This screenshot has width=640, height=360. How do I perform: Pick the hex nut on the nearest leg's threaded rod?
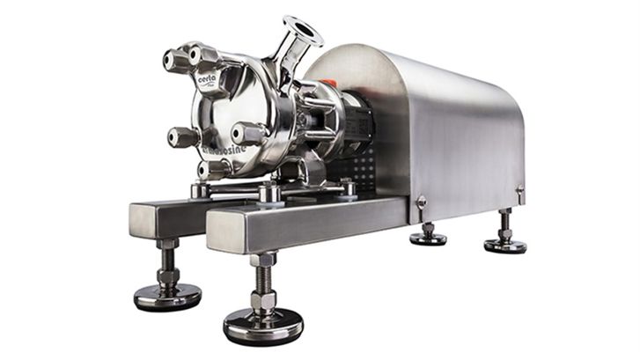262,301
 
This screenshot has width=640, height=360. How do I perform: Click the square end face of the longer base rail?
224,232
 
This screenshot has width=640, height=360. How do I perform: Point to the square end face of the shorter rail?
144,219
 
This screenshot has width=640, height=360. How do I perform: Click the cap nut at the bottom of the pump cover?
214,168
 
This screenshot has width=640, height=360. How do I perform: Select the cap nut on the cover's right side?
248,133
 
